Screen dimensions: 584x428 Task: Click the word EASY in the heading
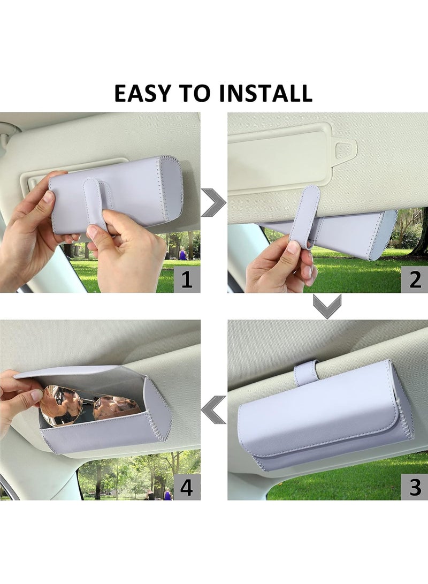tap(143, 93)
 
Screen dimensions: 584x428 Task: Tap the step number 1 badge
tap(187, 279)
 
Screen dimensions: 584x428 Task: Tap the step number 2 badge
tap(415, 279)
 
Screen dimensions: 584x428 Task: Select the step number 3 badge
tap(415, 487)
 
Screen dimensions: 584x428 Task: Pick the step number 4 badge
tap(187, 487)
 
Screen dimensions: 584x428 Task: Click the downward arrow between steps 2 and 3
tap(327, 306)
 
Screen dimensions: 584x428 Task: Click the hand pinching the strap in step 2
tap(281, 265)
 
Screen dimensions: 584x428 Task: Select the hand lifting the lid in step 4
tap(19, 399)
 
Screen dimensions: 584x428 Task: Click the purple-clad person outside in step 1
tap(182, 252)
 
